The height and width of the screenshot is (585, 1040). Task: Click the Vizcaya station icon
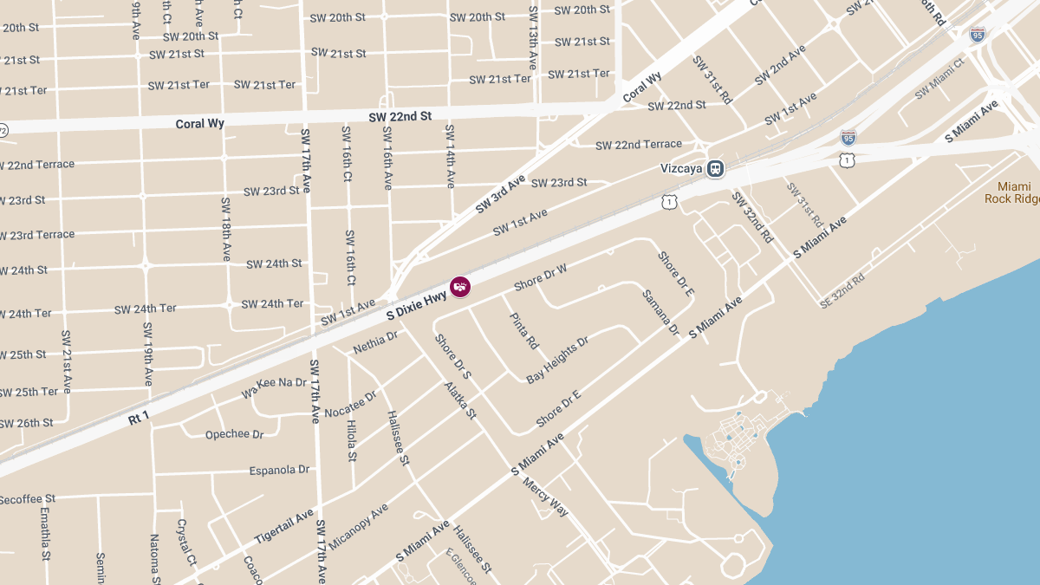tap(715, 168)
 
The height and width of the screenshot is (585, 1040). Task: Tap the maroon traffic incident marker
tap(460, 286)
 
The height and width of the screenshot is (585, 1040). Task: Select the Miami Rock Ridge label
tap(1013, 192)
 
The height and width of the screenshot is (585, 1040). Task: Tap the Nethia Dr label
tap(375, 342)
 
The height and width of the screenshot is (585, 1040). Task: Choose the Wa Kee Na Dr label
tap(274, 387)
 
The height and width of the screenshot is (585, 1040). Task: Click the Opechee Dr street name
tap(234, 434)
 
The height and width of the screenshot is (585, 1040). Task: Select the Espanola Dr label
tap(279, 470)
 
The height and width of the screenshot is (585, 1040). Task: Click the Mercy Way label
tap(545, 497)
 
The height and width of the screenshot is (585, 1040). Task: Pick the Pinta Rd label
tap(523, 331)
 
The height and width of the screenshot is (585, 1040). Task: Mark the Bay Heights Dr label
tap(557, 360)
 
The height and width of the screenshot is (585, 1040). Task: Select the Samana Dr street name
tap(660, 312)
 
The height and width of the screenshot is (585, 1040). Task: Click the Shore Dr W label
tap(540, 277)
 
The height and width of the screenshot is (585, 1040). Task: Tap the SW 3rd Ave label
tap(500, 194)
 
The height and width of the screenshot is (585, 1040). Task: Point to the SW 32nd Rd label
tap(752, 216)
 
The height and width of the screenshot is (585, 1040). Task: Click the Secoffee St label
tap(27, 499)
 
